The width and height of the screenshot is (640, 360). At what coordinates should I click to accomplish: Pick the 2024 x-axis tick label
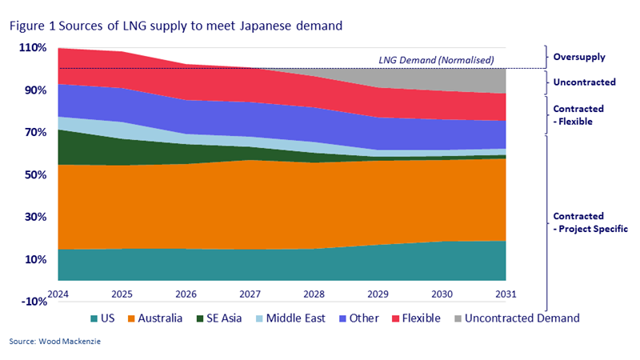click(x=59, y=293)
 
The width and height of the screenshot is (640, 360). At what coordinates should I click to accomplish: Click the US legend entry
click(x=103, y=318)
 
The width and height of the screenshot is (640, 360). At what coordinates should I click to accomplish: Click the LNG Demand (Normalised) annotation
click(x=435, y=60)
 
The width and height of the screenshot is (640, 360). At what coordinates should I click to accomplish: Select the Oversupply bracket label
click(x=579, y=57)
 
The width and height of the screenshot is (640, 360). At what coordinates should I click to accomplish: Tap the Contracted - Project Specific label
click(x=589, y=222)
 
